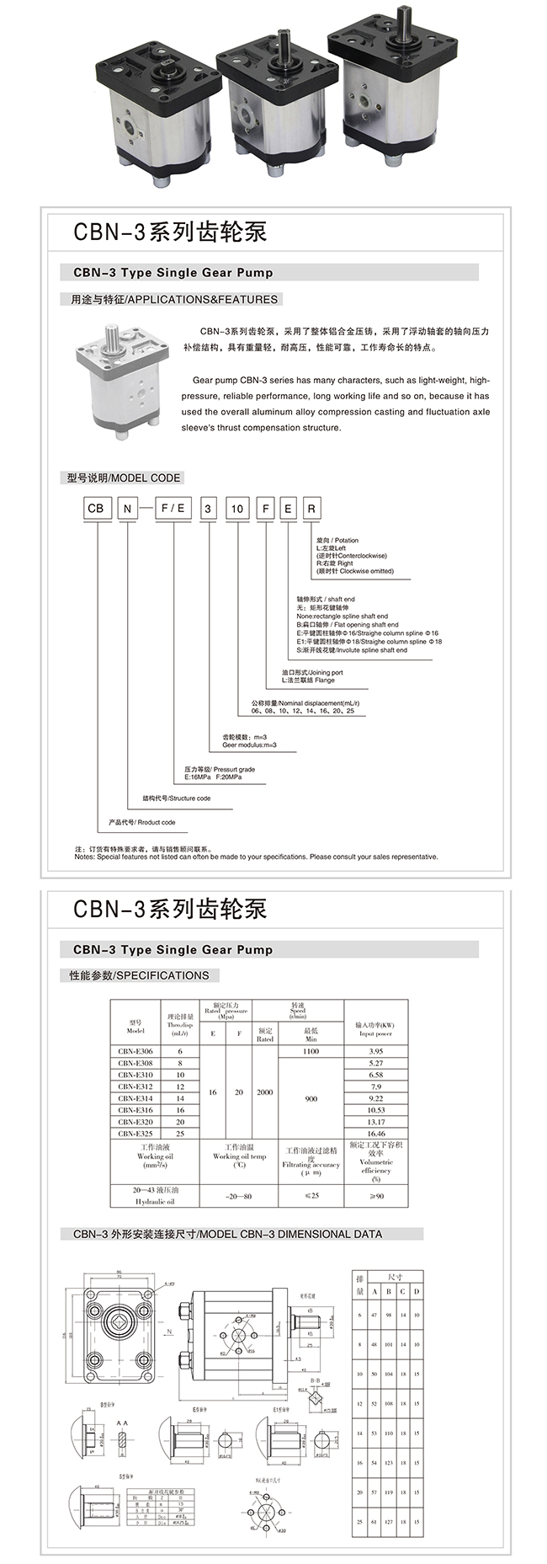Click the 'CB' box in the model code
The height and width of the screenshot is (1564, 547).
click(96, 509)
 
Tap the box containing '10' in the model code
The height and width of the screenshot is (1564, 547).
click(237, 509)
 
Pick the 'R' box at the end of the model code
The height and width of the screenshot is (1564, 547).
click(311, 509)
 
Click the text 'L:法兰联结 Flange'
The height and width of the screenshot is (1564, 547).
click(308, 680)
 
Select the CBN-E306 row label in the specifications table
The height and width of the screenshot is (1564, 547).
click(135, 1051)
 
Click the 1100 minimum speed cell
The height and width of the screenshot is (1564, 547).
click(311, 1051)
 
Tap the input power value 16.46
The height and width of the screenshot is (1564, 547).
click(375, 1134)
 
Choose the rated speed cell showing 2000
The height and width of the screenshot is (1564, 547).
click(265, 1092)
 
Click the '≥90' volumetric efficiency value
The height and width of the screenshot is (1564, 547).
click(375, 1196)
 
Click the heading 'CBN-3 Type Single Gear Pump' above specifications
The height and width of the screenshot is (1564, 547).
click(173, 950)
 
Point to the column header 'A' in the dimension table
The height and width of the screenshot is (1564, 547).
click(374, 1291)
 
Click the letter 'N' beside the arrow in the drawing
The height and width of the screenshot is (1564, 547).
click(169, 1332)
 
